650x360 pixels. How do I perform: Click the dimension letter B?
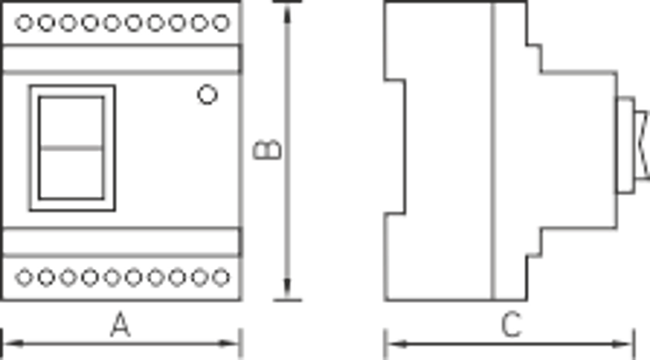pos(267,150)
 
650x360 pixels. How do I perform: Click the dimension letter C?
pos(511,324)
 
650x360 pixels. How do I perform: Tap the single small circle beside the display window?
pos(207,94)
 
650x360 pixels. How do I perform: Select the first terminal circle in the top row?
pos(24,23)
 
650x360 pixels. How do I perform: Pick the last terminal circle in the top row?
pos(221,23)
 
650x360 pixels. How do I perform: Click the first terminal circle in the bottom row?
pos(24,277)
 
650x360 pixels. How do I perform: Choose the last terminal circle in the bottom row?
pos(221,277)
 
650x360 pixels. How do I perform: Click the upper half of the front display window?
pos(71,123)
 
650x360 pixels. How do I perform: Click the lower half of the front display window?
pos(71,174)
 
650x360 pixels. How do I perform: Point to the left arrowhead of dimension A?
pos(13,344)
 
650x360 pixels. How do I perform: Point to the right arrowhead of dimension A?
pos(229,344)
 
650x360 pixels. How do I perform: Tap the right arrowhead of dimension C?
pos(622,344)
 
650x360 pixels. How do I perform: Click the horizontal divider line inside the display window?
pos(71,148)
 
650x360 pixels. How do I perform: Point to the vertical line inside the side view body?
pos(493,150)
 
